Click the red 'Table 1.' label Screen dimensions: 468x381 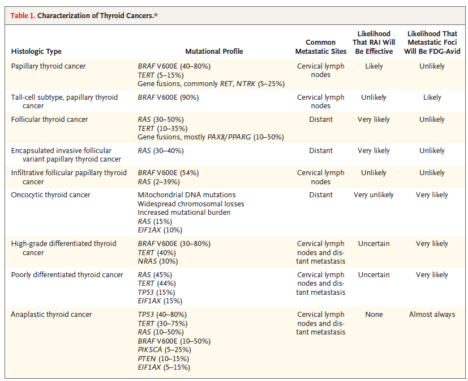click(x=23, y=15)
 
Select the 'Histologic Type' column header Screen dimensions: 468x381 click(x=36, y=52)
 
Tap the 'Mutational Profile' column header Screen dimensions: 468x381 click(x=214, y=52)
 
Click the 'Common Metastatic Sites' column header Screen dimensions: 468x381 click(x=321, y=47)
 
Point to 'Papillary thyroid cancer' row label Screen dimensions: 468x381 click(x=48, y=66)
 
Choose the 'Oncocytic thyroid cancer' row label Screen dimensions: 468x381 click(x=50, y=195)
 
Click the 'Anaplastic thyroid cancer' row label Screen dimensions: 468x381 click(x=51, y=315)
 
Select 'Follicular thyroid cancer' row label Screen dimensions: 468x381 click(x=50, y=120)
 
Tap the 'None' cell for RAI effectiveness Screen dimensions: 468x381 click(x=374, y=315)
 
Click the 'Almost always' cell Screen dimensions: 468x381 click(x=432, y=315)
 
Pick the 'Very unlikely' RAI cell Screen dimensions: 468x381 click(x=373, y=195)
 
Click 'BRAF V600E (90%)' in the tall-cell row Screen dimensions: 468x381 click(x=168, y=98)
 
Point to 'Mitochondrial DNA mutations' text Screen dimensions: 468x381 click(x=187, y=195)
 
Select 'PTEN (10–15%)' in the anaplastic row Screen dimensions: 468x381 click(x=164, y=359)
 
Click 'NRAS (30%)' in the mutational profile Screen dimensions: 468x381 click(x=157, y=261)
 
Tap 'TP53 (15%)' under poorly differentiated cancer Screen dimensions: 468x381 click(x=156, y=293)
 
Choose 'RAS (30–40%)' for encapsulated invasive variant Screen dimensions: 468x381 click(x=161, y=151)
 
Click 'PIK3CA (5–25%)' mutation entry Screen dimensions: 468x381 click(x=165, y=350)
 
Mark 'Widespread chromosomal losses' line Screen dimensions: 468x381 click(x=191, y=204)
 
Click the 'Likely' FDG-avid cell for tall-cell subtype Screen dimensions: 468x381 click(x=432, y=98)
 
